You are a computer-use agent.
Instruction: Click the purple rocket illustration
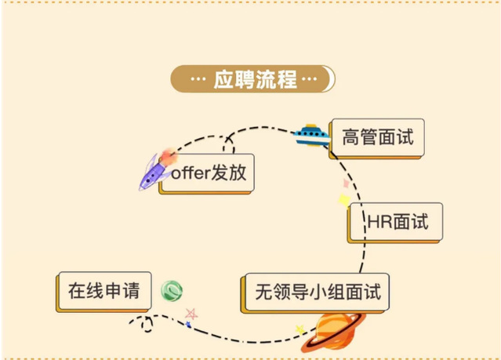coord(156,171)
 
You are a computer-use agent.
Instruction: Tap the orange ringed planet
coord(334,329)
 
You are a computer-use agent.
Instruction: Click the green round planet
coord(171,291)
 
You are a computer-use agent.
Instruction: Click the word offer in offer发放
coord(191,173)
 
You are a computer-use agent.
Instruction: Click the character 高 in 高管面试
coord(350,138)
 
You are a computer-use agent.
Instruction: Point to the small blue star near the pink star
coord(188,324)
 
